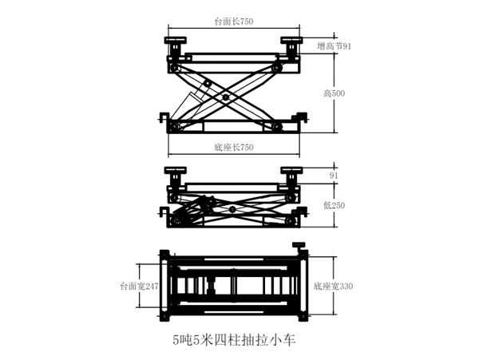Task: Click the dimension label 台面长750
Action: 234,22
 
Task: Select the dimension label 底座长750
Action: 234,148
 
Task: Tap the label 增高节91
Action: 335,46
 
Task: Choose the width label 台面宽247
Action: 140,285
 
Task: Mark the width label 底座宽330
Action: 333,286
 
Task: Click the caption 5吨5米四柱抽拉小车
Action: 234,340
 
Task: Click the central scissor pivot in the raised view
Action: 225,97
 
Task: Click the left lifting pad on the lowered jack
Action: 176,170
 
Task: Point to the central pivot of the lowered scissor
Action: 232,209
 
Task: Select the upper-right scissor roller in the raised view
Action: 277,69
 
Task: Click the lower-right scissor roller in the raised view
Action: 277,127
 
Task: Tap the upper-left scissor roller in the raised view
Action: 176,69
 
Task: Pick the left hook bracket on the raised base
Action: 164,117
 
